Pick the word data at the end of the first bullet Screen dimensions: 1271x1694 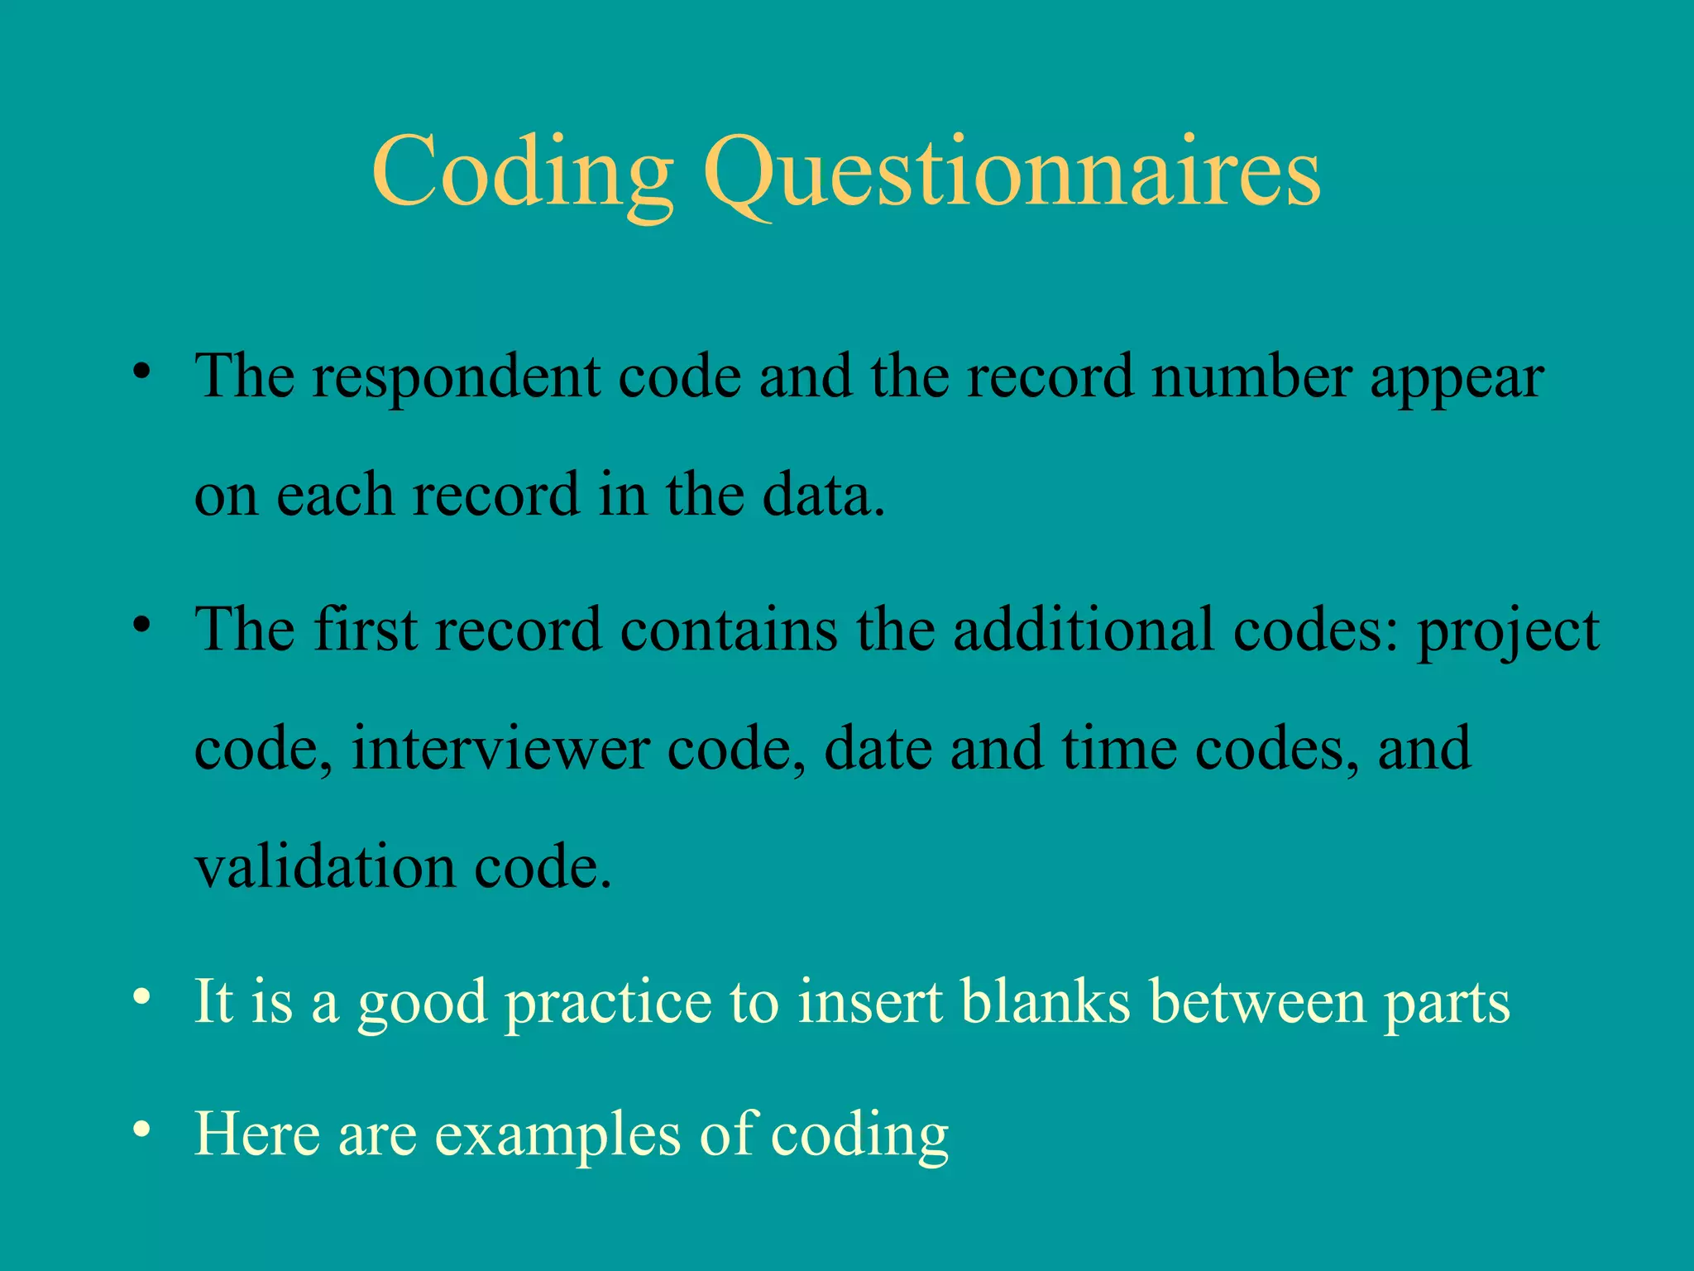[x=822, y=495]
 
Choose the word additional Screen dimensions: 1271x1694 [x=1084, y=630]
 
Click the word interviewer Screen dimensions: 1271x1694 [x=500, y=748]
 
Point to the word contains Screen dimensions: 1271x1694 [x=729, y=630]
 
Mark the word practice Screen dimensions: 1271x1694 [x=608, y=1003]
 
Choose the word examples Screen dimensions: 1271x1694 [x=557, y=1134]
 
